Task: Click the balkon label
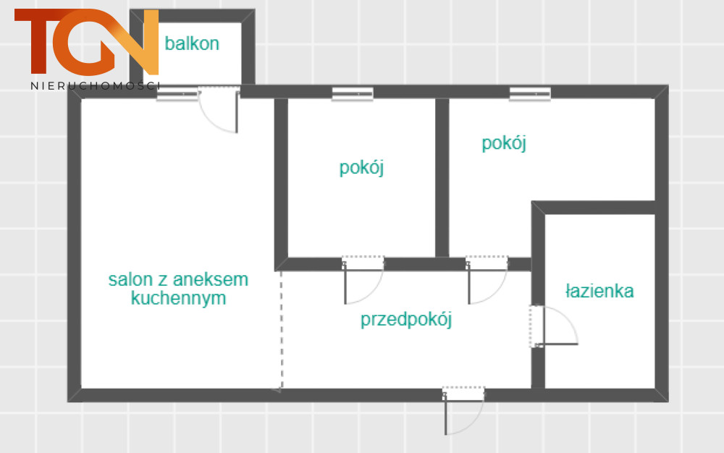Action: pos(192,43)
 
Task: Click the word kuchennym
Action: pos(178,298)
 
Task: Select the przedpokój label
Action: pos(406,319)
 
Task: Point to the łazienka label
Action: pos(599,291)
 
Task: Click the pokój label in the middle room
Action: pos(361,167)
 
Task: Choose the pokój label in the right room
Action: pos(504,143)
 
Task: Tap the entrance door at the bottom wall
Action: pos(463,410)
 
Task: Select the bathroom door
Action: pos(554,326)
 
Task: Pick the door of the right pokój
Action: pos(487,280)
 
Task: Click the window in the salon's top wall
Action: pos(177,94)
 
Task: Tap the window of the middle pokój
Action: pos(353,94)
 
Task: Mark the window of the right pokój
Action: pos(530,94)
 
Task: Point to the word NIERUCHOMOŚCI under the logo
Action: pos(95,86)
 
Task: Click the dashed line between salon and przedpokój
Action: pos(281,330)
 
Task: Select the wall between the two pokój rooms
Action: pos(442,177)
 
